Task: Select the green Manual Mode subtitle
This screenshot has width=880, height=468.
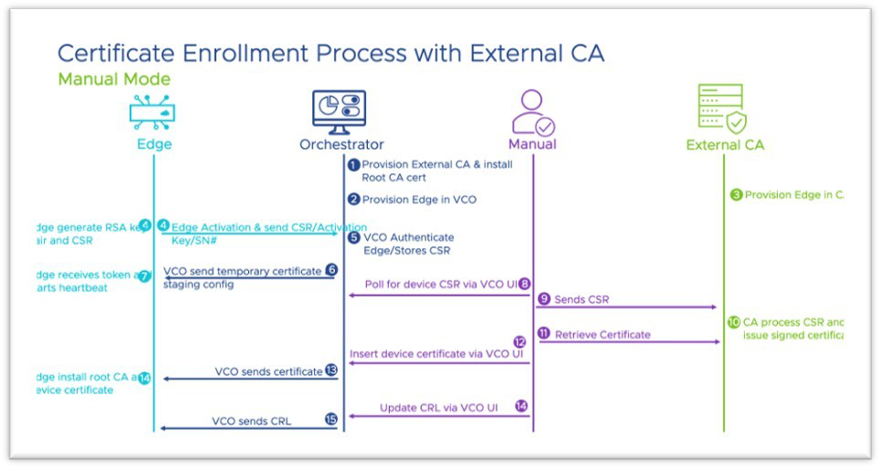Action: point(114,79)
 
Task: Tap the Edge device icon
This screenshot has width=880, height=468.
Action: point(152,113)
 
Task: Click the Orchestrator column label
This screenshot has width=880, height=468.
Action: point(341,144)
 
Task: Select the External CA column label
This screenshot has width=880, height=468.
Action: point(725,144)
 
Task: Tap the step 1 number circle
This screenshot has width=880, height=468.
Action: point(354,165)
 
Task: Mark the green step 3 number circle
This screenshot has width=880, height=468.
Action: point(737,194)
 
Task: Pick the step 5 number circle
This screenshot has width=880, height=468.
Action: point(354,237)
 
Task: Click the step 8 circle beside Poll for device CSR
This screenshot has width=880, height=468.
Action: point(524,284)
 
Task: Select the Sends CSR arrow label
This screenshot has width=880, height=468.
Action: point(581,299)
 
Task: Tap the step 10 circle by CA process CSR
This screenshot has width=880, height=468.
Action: point(734,322)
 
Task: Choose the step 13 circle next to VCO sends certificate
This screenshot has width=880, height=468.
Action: point(331,371)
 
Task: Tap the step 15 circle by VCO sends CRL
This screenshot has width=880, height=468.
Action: point(331,420)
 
